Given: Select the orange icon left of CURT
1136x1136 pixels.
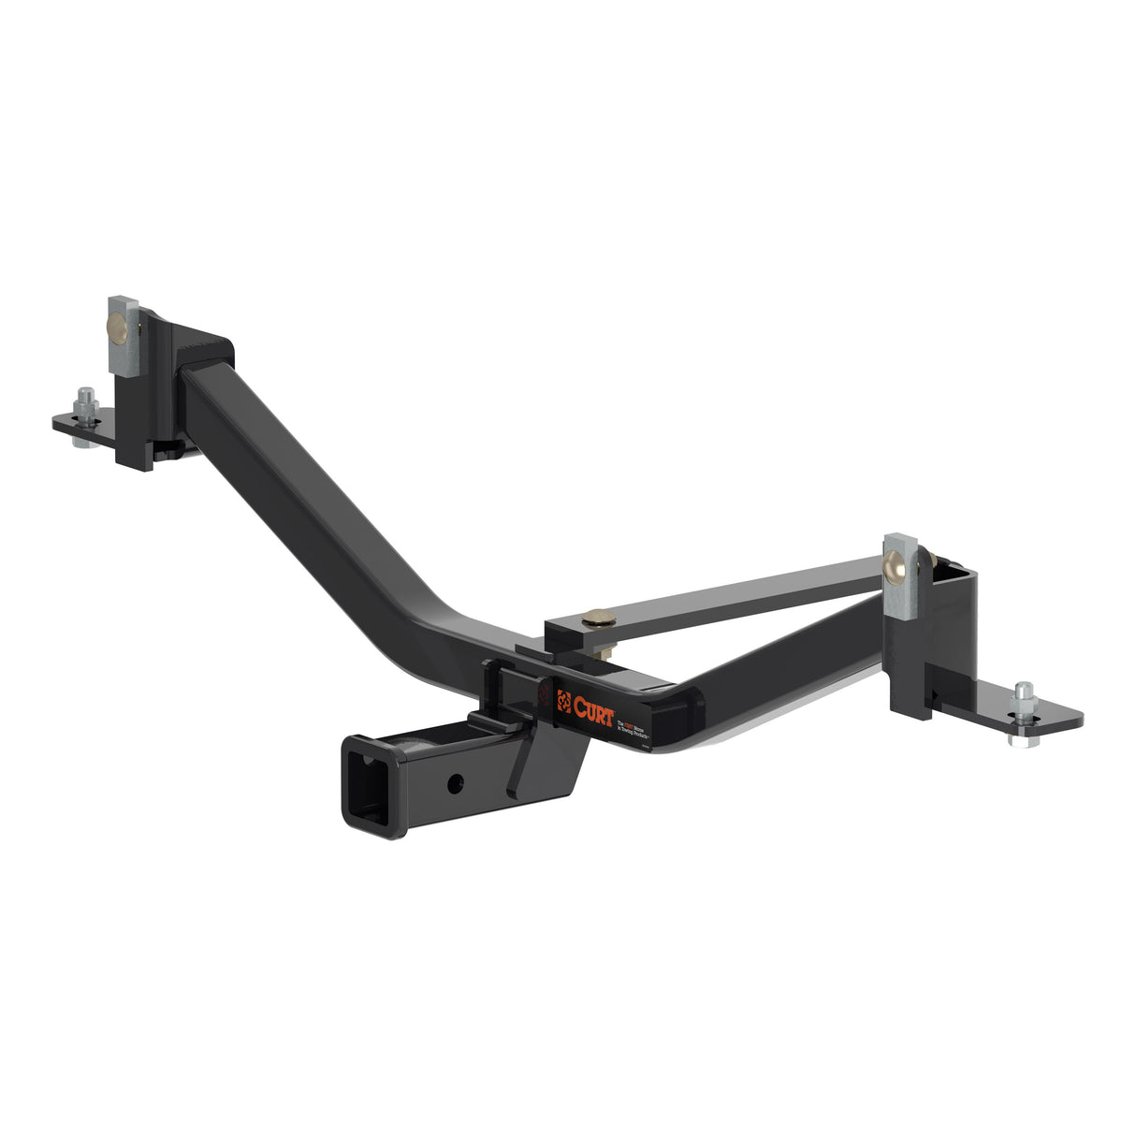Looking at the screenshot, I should (564, 698).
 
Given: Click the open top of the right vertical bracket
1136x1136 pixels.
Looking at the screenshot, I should (953, 568).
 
